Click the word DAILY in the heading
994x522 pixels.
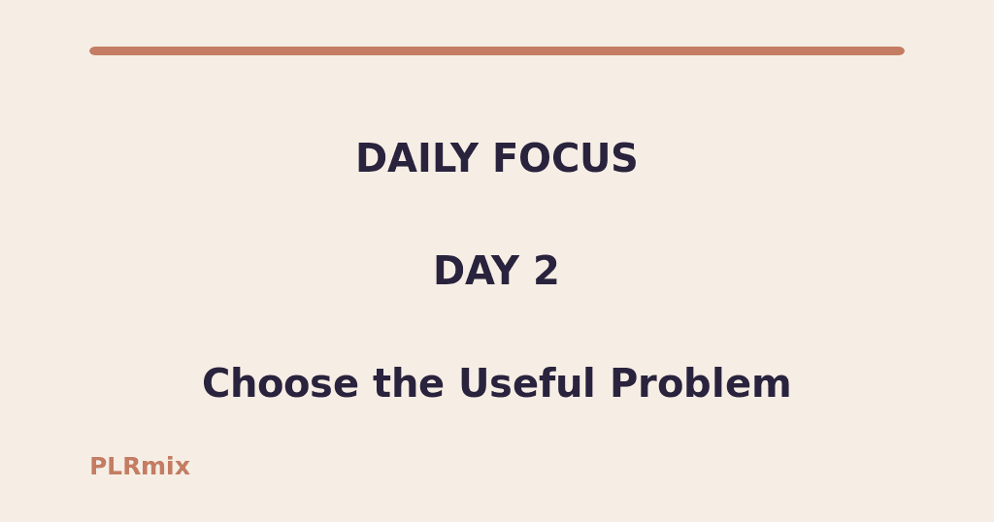tap(417, 158)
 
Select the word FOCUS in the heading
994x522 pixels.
tap(565, 158)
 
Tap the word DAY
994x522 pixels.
tap(477, 271)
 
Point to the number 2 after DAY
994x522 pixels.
tap(546, 271)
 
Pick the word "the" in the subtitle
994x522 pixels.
tap(409, 383)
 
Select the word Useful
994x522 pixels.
tap(527, 383)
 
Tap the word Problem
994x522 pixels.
tap(701, 383)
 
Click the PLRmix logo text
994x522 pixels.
tap(140, 467)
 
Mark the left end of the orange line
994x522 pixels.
tap(92, 50)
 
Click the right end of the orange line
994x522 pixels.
tap(902, 50)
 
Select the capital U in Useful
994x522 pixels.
tap(474, 383)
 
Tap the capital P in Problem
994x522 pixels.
tap(623, 383)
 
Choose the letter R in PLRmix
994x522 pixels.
tap(131, 467)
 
